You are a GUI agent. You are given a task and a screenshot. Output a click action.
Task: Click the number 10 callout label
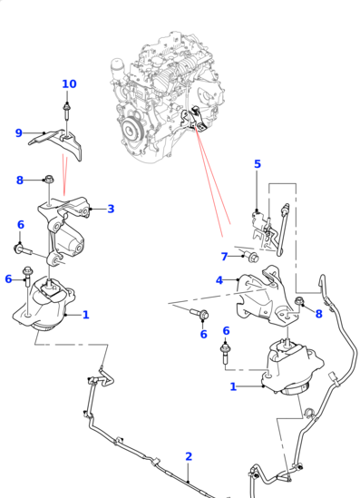[x=69, y=84]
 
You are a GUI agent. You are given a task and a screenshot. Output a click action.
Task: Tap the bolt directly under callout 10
[x=69, y=112]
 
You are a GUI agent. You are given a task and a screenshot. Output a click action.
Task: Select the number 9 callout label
[x=18, y=133]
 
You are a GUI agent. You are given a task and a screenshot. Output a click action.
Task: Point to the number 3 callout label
[x=111, y=209]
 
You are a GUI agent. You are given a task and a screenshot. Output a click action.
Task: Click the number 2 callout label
[x=189, y=456]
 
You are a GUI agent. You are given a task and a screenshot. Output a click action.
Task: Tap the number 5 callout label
[x=257, y=164]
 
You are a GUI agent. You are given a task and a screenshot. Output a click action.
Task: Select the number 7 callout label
[x=224, y=257]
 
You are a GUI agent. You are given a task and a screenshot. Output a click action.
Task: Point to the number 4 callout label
[x=219, y=280]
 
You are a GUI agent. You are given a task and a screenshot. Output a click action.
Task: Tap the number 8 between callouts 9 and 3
[x=19, y=181]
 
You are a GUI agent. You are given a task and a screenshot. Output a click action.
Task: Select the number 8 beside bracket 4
[x=318, y=314]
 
